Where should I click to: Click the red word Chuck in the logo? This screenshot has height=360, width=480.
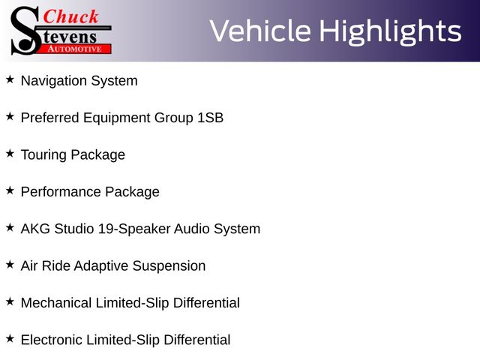(x=70, y=16)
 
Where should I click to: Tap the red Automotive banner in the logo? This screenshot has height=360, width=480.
(x=75, y=49)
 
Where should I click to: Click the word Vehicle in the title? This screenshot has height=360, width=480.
(x=260, y=31)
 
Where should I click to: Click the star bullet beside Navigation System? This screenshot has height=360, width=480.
(x=10, y=79)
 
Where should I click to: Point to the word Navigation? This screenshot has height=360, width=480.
(x=54, y=81)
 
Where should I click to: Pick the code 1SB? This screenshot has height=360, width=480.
(x=210, y=118)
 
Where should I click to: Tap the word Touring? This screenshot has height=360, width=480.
(x=43, y=155)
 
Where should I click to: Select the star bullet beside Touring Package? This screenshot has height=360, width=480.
(x=10, y=153)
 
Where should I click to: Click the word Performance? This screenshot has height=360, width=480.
(x=61, y=192)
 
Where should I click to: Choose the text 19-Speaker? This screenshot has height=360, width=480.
(x=134, y=229)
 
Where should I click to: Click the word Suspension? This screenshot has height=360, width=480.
(x=169, y=266)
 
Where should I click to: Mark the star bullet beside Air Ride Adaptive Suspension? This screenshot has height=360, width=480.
(x=10, y=265)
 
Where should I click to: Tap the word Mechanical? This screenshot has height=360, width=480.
(x=56, y=303)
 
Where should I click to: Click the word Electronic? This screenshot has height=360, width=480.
(x=52, y=340)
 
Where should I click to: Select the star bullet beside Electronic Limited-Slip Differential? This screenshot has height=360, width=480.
(x=10, y=338)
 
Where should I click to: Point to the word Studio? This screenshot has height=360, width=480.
(x=74, y=229)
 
